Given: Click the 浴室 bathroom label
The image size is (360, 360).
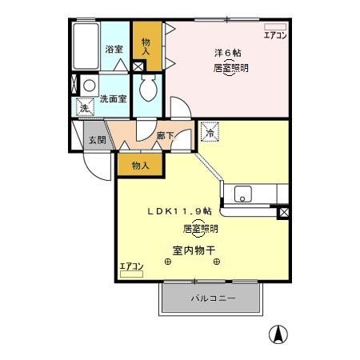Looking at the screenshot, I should (x=114, y=49).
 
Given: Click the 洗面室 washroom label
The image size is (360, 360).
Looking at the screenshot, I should (x=113, y=99).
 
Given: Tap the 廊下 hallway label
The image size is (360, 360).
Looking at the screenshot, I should (x=166, y=137).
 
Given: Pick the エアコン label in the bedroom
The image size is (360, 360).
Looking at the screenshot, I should (x=274, y=36).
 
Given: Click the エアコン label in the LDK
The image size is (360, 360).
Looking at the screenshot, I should (x=131, y=266).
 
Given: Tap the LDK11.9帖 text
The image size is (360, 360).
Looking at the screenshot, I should (x=179, y=211).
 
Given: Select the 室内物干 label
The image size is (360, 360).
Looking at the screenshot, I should (x=194, y=250).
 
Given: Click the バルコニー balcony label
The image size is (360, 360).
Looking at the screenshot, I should (x=212, y=298).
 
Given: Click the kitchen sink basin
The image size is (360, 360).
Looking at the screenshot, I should (x=242, y=194).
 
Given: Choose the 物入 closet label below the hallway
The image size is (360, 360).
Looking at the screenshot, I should (x=139, y=165).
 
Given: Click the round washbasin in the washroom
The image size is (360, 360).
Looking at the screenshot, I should (x=90, y=85).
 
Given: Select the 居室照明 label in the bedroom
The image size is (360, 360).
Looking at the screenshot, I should (x=230, y=68).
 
